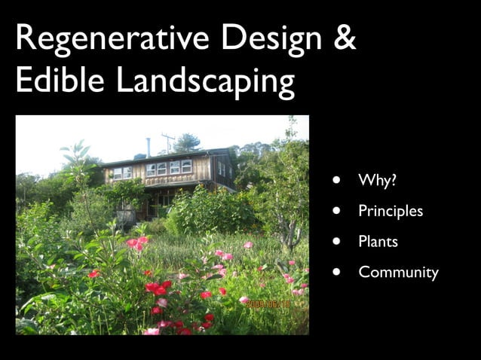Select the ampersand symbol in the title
(344, 38)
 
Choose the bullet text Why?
(378, 181)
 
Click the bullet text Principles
(391, 212)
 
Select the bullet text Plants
(378, 242)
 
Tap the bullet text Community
(398, 273)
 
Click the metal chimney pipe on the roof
(148, 146)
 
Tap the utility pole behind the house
(168, 142)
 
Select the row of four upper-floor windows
(169, 168)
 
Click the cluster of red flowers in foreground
(158, 288)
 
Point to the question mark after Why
(394, 181)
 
